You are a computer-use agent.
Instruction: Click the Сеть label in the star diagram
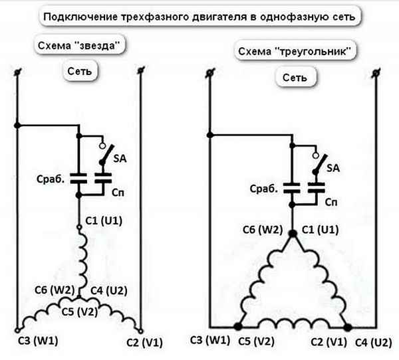[x=82, y=70]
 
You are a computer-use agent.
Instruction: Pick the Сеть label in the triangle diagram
[x=295, y=77]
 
